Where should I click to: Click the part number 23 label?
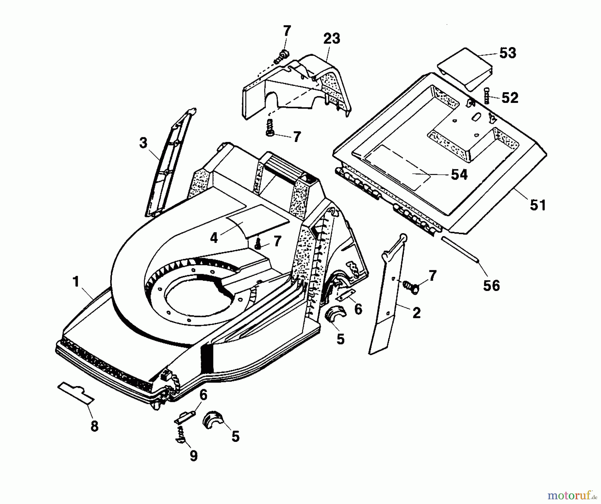tap(331, 38)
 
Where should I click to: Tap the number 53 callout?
tap(508, 53)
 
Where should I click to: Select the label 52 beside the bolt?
tap(510, 98)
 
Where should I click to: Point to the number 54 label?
tap(459, 175)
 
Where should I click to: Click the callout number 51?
tap(538, 205)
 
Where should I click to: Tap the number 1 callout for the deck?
tap(76, 282)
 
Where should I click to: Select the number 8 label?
tap(94, 427)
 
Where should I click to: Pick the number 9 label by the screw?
tap(194, 456)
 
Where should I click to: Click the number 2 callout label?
tap(416, 313)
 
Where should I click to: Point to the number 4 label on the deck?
tap(214, 238)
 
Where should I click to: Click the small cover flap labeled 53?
tap(465, 69)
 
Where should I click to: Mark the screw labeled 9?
tap(180, 435)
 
